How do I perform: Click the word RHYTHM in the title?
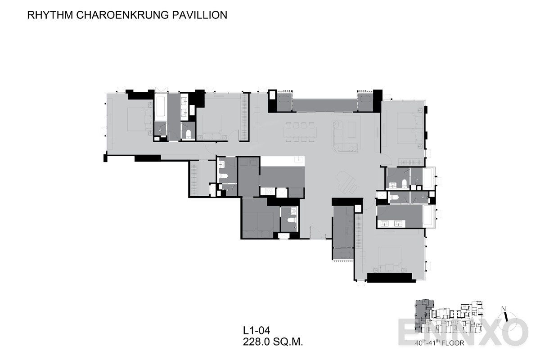point(50,15)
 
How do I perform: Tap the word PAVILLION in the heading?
point(199,15)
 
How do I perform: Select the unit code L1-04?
point(256,331)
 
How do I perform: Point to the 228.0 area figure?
point(256,342)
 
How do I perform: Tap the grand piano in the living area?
point(347,182)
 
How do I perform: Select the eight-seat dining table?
point(300,132)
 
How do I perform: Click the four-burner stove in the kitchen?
point(269,192)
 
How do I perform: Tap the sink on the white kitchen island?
point(299,159)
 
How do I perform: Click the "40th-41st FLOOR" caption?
point(440,342)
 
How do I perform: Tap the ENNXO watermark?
point(463,332)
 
